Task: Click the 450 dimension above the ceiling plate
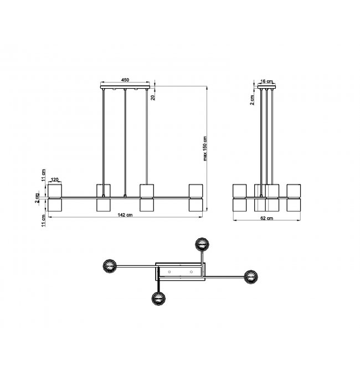click(125, 80)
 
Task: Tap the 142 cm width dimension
click(125, 215)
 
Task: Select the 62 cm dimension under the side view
click(266, 218)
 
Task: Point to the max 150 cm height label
click(205, 148)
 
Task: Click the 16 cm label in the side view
click(266, 81)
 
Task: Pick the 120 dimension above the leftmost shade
click(54, 179)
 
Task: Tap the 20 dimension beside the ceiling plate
click(153, 97)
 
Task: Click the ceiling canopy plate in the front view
click(125, 87)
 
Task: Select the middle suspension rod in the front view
click(125, 142)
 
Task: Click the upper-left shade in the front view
click(55, 191)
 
